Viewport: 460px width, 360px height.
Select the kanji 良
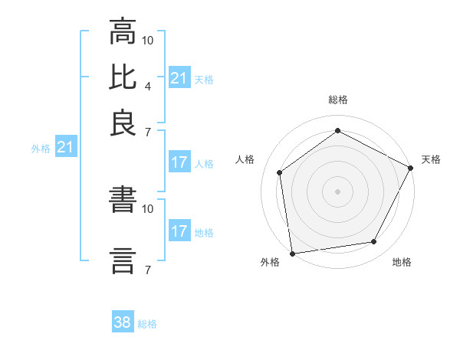click(123, 123)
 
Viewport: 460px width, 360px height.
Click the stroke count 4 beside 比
click(148, 85)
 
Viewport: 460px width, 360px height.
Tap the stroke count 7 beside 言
click(148, 269)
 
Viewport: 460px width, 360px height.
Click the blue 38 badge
click(123, 322)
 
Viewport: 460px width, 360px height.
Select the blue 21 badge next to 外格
click(64, 148)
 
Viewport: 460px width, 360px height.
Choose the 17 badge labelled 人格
click(179, 162)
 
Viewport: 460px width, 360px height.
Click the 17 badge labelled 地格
click(179, 231)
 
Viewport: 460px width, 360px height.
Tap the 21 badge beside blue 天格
click(179, 78)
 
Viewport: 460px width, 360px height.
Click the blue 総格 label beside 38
click(147, 324)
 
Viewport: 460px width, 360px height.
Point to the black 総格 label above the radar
click(337, 100)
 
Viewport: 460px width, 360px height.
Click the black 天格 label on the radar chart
click(431, 159)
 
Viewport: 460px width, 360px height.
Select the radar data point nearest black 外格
click(292, 253)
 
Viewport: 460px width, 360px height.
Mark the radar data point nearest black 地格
click(374, 242)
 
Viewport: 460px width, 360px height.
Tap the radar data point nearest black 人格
click(280, 172)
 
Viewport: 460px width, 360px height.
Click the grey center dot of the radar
click(337, 191)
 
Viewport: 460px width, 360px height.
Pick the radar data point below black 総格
click(337, 130)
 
